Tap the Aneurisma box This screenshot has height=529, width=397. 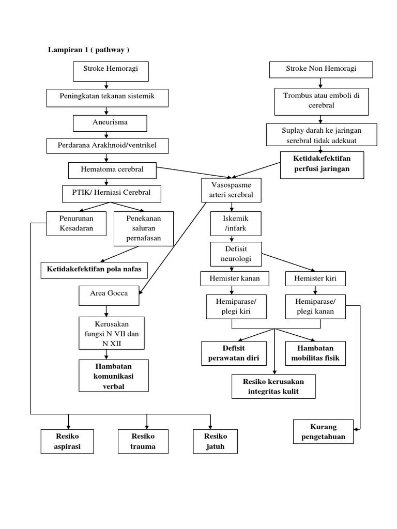pyautogui.click(x=110, y=123)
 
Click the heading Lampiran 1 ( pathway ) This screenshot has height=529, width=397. pyautogui.click(x=88, y=50)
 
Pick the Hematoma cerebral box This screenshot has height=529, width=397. pyautogui.click(x=112, y=169)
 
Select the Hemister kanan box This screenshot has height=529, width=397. pyautogui.click(x=235, y=279)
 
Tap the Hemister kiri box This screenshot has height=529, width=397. pyautogui.click(x=315, y=279)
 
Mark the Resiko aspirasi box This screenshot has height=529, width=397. pyautogui.click(x=67, y=441)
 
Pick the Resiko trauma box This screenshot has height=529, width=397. pyautogui.click(x=143, y=441)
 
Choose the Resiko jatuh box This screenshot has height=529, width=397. pyautogui.click(x=215, y=441)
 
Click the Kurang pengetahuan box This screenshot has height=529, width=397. pyautogui.click(x=324, y=432)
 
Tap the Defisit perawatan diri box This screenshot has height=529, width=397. pyautogui.click(x=234, y=353)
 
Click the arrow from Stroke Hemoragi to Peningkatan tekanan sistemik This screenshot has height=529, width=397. pyautogui.click(x=106, y=85)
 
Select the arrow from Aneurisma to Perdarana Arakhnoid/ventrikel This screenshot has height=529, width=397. pyautogui.click(x=106, y=135)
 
